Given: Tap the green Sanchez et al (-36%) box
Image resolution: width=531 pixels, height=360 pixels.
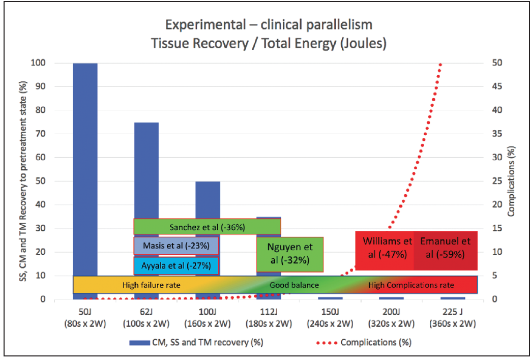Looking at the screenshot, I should (207, 227).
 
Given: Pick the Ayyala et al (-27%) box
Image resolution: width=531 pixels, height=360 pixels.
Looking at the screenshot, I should (176, 265).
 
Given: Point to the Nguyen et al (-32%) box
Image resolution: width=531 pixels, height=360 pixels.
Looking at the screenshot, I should (290, 254).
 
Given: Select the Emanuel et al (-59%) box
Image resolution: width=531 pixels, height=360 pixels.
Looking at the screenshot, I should (446, 248).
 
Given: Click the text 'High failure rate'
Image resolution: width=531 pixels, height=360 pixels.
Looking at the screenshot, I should (151, 285).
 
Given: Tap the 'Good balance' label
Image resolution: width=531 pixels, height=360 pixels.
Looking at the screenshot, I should (294, 285).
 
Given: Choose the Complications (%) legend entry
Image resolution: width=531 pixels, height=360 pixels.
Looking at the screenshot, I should (375, 342).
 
